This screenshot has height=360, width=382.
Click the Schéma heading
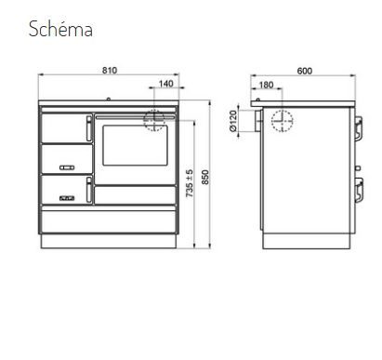click(60, 29)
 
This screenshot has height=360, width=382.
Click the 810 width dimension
click(110, 71)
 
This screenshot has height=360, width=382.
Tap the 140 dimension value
click(165, 84)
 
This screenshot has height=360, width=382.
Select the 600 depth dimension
click(305, 71)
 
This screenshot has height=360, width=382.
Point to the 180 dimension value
click(266, 85)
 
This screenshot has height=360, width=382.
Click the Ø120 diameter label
click(233, 121)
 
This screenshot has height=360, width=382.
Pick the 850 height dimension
click(205, 177)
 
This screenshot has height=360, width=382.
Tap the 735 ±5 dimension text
click(190, 183)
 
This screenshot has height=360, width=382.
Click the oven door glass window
click(135, 145)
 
